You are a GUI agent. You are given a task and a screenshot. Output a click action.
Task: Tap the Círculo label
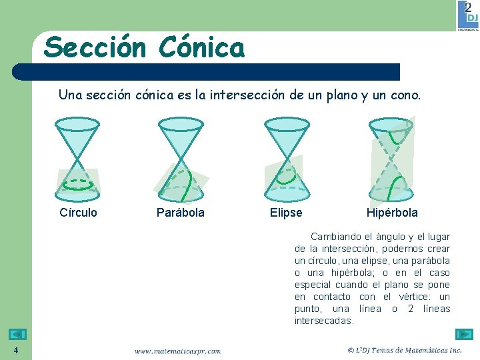coord(78,213)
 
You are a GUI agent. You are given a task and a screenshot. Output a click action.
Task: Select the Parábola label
coord(180,213)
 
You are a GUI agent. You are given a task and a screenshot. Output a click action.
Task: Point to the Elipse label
coord(285,213)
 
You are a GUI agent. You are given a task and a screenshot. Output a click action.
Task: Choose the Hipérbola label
coord(392,213)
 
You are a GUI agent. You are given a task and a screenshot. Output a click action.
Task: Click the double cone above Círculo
coord(78,158)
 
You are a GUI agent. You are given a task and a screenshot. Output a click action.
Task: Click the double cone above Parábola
coord(180,158)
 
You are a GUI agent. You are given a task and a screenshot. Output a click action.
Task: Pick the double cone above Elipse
coord(287,158)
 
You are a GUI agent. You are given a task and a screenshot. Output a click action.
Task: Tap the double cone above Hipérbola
coord(391,158)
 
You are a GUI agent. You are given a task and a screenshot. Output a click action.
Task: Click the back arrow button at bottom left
coord(18,334)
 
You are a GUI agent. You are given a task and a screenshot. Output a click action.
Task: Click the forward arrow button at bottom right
coord(464,334)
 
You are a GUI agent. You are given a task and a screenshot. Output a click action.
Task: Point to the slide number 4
coord(15,351)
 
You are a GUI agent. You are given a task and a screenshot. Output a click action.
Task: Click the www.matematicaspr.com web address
coord(177,351)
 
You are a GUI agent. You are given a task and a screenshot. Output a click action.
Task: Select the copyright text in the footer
coord(405,350)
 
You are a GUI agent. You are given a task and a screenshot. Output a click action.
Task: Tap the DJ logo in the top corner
coord(468,15)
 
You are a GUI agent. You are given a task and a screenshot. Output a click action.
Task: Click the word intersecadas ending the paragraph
coord(324,321)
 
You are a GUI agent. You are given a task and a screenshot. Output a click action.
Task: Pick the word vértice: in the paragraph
coord(416,297)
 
